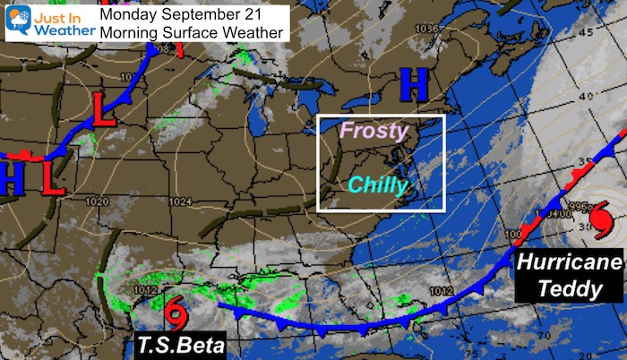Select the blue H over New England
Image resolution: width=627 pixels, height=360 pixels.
(x=414, y=85)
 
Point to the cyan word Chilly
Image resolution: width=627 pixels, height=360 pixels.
(x=378, y=185)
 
